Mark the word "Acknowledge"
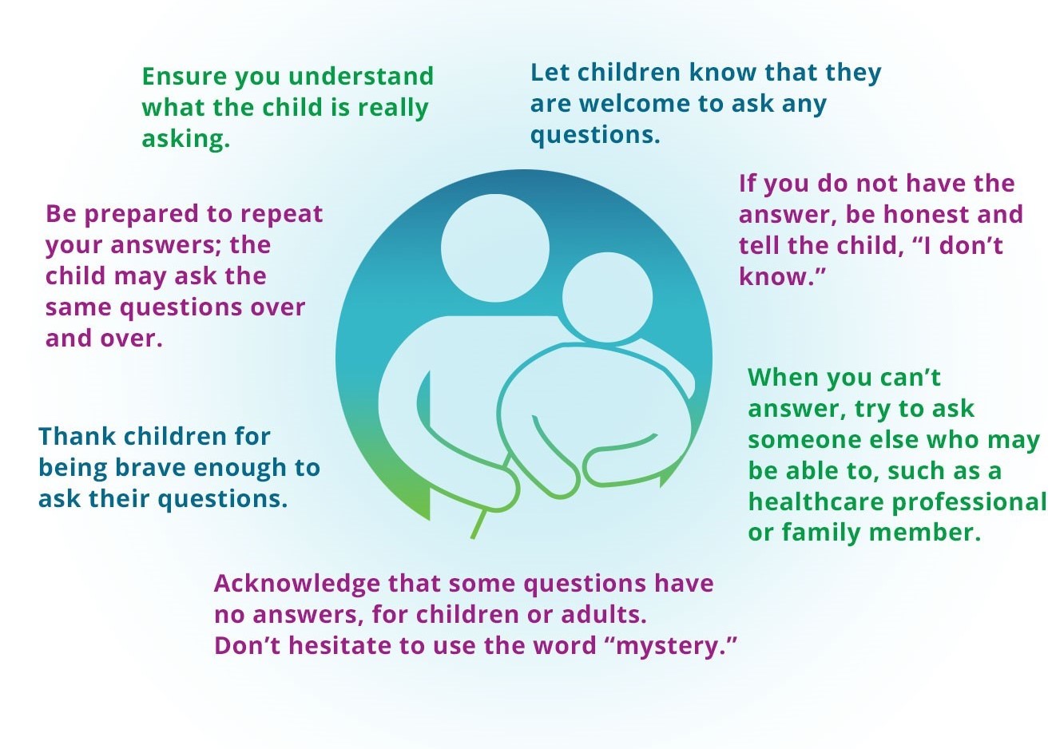click(x=297, y=584)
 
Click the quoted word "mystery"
click(x=672, y=646)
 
